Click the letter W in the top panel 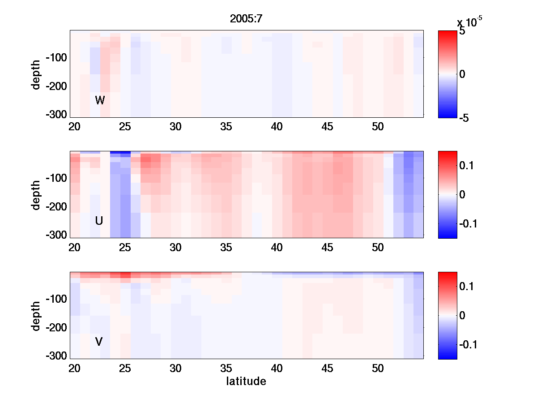(x=100, y=100)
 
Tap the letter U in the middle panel (x=99, y=221)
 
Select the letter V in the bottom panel (x=99, y=342)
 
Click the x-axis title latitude (x=246, y=382)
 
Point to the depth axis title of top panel (x=36, y=74)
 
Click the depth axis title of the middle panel (x=36, y=195)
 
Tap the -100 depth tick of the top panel (x=55, y=58)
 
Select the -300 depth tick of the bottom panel (x=55, y=356)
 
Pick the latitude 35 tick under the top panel (x=226, y=127)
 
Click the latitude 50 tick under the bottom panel (x=378, y=369)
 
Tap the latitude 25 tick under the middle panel (x=125, y=248)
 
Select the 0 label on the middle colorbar (x=463, y=195)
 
